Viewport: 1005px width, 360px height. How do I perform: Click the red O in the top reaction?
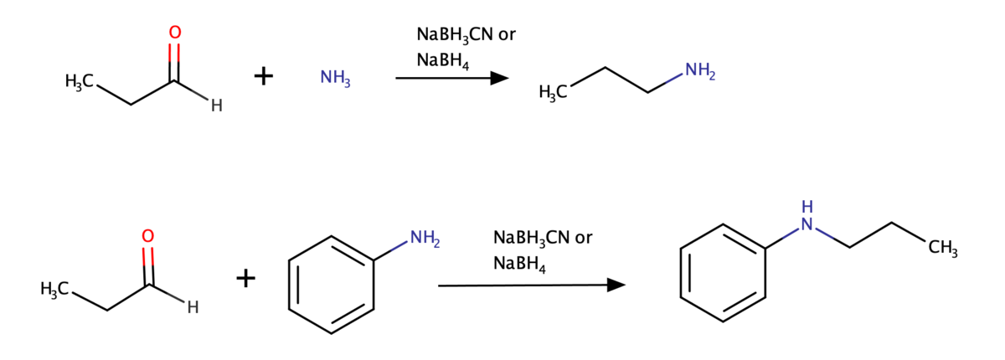(x=175, y=33)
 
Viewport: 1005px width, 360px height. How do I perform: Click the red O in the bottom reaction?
(x=148, y=236)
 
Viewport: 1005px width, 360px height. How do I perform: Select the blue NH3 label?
(x=335, y=78)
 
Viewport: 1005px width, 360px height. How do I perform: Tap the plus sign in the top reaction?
(x=264, y=76)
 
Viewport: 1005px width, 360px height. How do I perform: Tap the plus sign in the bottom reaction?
(x=246, y=279)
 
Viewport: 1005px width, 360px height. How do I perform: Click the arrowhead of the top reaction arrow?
(x=500, y=78)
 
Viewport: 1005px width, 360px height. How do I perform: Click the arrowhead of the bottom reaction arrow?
(x=616, y=285)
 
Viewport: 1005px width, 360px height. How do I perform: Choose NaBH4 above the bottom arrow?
(x=519, y=264)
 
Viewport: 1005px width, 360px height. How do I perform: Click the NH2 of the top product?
(x=700, y=71)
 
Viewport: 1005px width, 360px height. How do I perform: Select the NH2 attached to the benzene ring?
(x=425, y=238)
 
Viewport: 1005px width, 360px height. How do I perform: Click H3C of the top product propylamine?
(x=553, y=92)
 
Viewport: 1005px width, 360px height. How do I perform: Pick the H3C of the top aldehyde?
(x=80, y=81)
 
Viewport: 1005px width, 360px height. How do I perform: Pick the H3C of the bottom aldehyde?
(x=54, y=289)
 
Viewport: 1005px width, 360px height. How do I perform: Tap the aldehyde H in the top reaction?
(x=217, y=105)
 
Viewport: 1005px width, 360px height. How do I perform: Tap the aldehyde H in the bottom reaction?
(x=193, y=307)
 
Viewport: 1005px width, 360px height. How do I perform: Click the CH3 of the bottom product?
(x=943, y=248)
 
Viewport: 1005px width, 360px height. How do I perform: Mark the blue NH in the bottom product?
(x=807, y=216)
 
